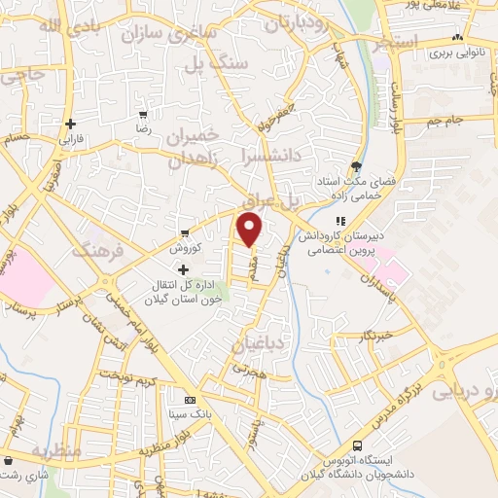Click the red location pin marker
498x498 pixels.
250,230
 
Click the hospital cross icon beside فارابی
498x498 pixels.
71,124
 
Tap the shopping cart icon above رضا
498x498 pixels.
143,115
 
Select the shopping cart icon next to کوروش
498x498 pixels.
185,233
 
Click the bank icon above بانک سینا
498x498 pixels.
191,399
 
